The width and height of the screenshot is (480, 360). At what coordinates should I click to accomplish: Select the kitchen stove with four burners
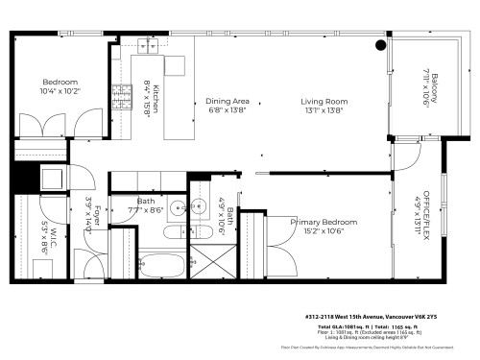pyautogui.click(x=123, y=96)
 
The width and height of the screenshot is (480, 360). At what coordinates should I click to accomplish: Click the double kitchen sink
pyautogui.click(x=152, y=45)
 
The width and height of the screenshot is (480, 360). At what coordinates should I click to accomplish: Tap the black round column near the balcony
pyautogui.click(x=381, y=45)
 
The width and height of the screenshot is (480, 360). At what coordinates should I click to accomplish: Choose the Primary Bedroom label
pyautogui.click(x=324, y=222)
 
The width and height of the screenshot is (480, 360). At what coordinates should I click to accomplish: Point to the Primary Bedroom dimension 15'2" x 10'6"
pyautogui.click(x=324, y=231)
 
